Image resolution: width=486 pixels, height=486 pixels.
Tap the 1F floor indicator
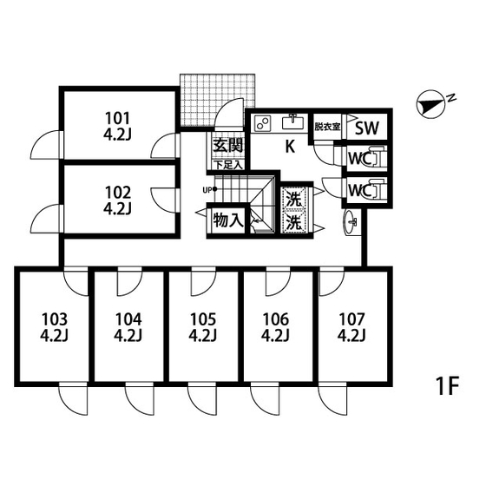pyautogui.click(x=447, y=386)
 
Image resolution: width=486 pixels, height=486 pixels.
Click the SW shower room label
pyautogui.click(x=366, y=128)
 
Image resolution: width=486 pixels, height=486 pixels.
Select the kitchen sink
pyautogui.click(x=292, y=121)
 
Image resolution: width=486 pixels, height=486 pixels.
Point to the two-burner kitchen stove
pyautogui.click(x=263, y=123)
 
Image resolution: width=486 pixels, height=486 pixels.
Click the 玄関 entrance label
pyautogui.click(x=228, y=145)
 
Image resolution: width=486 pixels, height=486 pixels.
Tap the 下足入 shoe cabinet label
pyautogui.click(x=228, y=165)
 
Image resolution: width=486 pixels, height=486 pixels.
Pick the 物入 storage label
pyautogui.click(x=227, y=220)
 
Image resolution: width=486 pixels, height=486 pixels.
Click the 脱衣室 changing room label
pyautogui.click(x=327, y=127)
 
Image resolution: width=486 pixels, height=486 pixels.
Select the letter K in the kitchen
pyautogui.click(x=290, y=147)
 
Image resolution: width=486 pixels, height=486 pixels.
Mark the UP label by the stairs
pyautogui.click(x=207, y=190)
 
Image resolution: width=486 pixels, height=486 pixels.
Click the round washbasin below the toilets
pyautogui.click(x=351, y=222)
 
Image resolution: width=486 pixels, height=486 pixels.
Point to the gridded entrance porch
pyautogui.click(x=217, y=100)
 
